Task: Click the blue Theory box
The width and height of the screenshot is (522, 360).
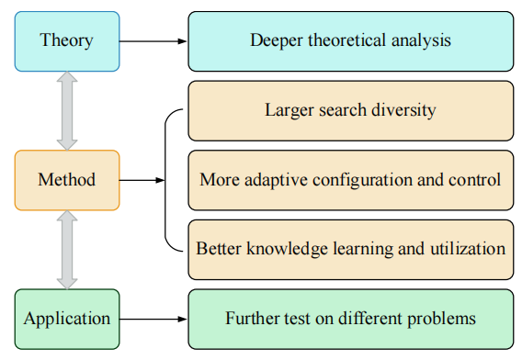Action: click(x=66, y=41)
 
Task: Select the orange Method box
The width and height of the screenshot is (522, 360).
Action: click(x=66, y=180)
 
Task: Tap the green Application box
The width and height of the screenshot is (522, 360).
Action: click(x=66, y=320)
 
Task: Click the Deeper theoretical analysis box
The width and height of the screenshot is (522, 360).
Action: click(x=350, y=41)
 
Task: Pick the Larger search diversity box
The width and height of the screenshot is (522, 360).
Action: click(x=350, y=111)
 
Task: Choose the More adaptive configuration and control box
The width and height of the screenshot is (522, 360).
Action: click(x=350, y=180)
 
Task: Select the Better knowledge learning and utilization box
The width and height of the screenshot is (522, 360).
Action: click(x=350, y=249)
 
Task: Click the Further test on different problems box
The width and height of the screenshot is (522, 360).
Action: click(x=350, y=320)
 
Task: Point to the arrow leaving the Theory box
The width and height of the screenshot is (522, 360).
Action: click(x=153, y=41)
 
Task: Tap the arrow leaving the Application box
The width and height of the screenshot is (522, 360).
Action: click(x=153, y=320)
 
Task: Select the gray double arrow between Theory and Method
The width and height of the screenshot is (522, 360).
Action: click(x=66, y=110)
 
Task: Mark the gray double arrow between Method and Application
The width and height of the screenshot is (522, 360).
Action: click(x=66, y=250)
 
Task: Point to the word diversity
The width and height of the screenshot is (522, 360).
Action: click(x=405, y=111)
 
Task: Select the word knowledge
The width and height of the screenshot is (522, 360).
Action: click(x=275, y=249)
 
